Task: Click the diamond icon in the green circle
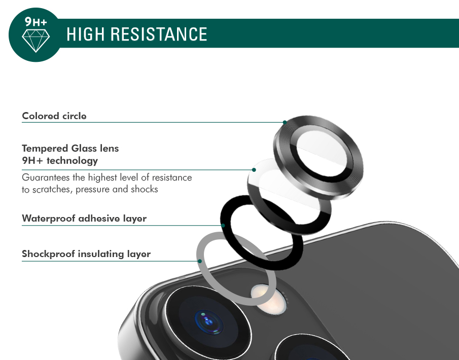pos(36,41)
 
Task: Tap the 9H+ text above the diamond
pos(36,21)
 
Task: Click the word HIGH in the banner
pos(86,34)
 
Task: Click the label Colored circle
pos(54,116)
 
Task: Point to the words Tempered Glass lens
pos(70,149)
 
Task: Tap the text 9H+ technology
pos(60,160)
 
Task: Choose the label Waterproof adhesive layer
pos(84,219)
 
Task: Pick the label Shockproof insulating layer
pos(86,254)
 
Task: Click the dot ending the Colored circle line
pos(285,122)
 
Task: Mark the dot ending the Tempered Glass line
pos(254,170)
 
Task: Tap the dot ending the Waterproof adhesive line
pos(223,225)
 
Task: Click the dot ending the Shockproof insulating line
pos(200,261)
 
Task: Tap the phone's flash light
pos(268,299)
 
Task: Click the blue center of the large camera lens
pos(208,322)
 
